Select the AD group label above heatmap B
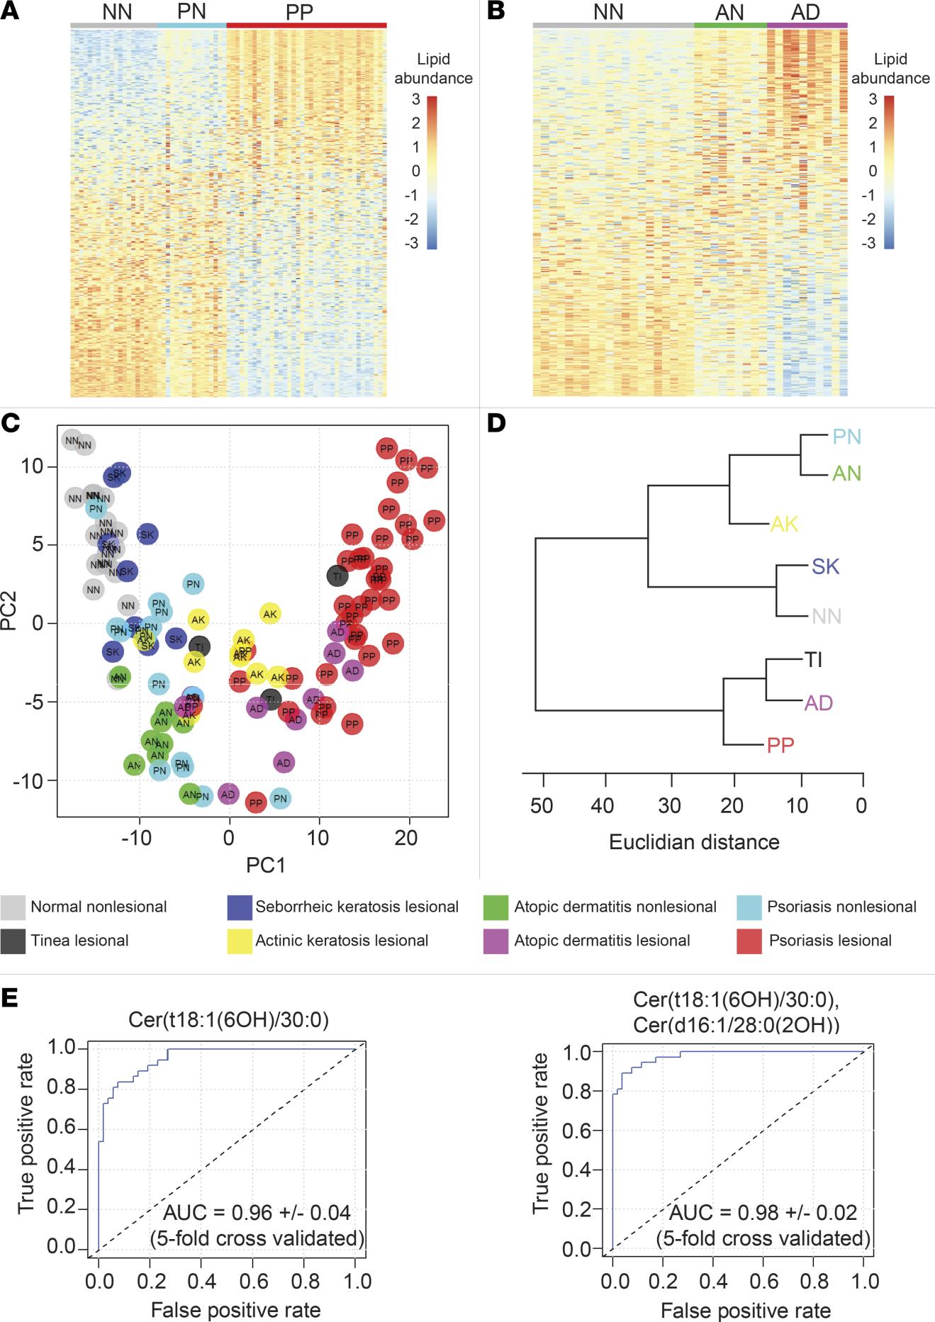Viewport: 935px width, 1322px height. pos(805,12)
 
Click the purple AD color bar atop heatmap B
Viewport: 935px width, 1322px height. pos(807,26)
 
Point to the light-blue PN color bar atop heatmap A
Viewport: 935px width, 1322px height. pos(191,26)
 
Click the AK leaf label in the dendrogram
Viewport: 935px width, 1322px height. pos(784,525)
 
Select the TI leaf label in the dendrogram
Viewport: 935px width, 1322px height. pos(813,660)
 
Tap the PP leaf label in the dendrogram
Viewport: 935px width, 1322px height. pos(780,745)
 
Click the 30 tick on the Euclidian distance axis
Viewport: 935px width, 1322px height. pos(669,805)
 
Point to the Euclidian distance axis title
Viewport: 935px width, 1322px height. pos(694,842)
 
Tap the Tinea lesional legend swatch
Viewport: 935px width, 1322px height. pos(13,941)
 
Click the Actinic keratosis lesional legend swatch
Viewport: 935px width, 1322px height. pos(240,941)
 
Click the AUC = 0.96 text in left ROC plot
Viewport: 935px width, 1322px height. pos(257,1212)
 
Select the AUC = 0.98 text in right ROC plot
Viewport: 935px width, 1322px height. pos(763,1212)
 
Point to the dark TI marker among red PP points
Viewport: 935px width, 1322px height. pos(337,576)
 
